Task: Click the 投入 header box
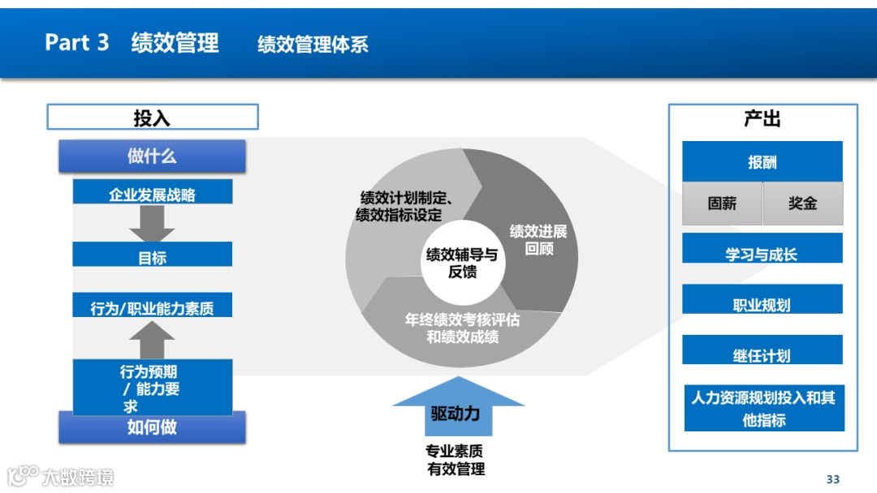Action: (x=152, y=118)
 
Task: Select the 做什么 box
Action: (x=152, y=156)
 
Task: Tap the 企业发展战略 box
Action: (x=152, y=193)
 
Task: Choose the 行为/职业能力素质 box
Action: (x=152, y=306)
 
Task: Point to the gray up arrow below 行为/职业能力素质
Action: (x=152, y=340)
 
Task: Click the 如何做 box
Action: (x=152, y=427)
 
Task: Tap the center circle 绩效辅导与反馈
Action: (x=461, y=263)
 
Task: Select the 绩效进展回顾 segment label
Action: (x=538, y=240)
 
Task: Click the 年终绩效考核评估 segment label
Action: (x=462, y=328)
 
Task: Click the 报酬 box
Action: (x=762, y=161)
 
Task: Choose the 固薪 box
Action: (x=722, y=204)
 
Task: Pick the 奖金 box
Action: (x=802, y=204)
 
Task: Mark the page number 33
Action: (x=832, y=478)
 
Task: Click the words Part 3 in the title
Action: (x=77, y=42)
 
